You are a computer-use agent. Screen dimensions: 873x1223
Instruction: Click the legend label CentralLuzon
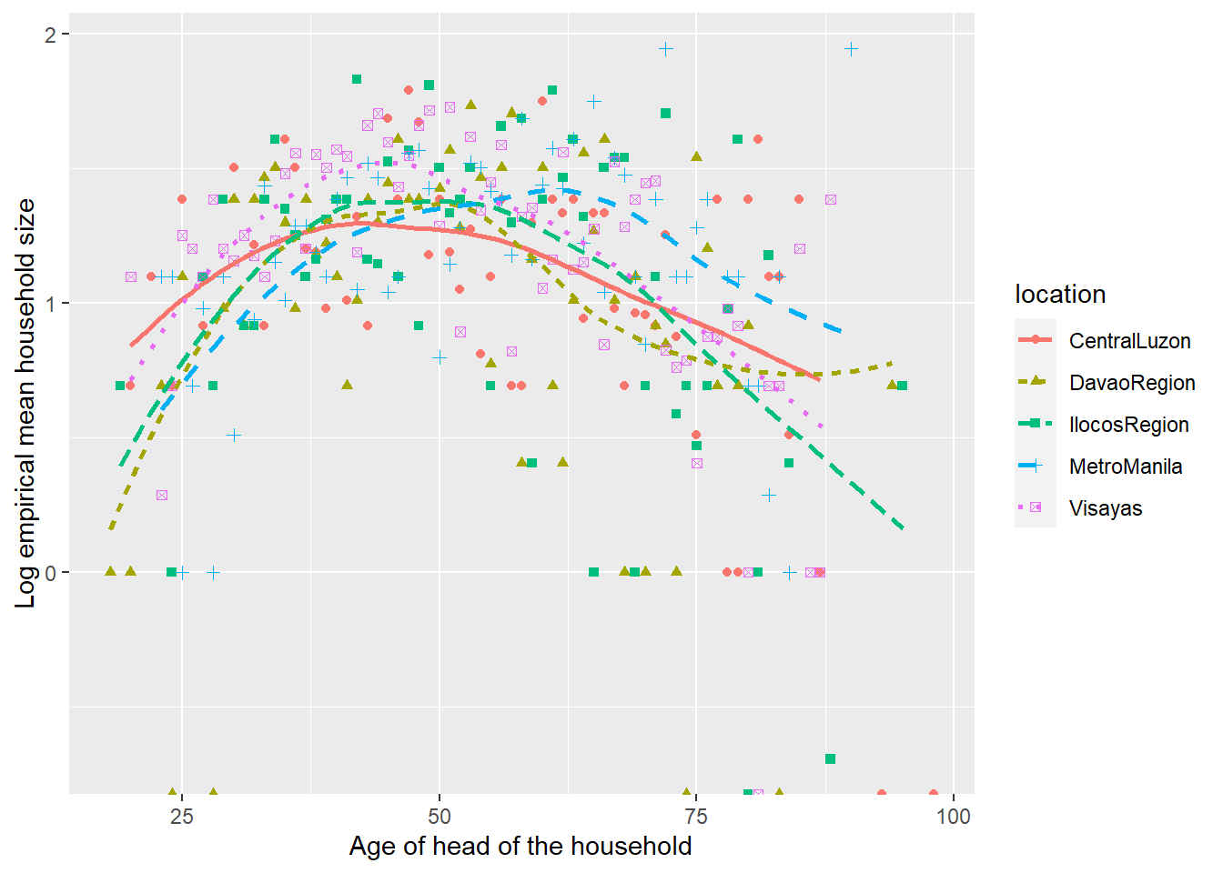(1129, 341)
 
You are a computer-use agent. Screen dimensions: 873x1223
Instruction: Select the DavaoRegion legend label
(1132, 383)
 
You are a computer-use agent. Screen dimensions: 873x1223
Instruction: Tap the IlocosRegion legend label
(1128, 425)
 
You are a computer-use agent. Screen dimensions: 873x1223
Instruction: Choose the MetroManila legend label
(1126, 467)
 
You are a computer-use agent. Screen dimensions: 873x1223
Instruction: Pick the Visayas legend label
(1106, 508)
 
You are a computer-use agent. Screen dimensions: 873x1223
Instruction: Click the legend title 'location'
(1060, 294)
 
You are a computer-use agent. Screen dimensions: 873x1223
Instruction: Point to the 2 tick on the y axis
(51, 35)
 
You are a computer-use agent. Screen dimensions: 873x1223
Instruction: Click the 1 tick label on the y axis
(51, 304)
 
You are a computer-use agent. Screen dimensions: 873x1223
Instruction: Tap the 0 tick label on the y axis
(51, 573)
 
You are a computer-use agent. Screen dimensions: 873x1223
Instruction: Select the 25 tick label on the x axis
(182, 816)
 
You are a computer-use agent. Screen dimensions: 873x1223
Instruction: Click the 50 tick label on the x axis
(440, 816)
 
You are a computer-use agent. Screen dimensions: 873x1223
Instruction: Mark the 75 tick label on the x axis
(696, 816)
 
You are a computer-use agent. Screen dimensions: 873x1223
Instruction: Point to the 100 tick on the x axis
(954, 816)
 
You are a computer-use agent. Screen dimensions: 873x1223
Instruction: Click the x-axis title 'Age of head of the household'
(521, 847)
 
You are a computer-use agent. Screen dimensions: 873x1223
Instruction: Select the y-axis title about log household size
(25, 403)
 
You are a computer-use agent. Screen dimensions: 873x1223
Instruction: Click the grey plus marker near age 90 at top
(851, 49)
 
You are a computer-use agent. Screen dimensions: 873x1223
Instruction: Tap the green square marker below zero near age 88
(830, 758)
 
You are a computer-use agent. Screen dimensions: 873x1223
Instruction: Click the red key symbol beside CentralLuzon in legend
(1036, 341)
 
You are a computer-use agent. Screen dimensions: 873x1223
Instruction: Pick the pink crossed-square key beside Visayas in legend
(1036, 508)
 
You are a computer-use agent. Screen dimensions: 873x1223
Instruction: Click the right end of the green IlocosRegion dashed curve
(902, 527)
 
